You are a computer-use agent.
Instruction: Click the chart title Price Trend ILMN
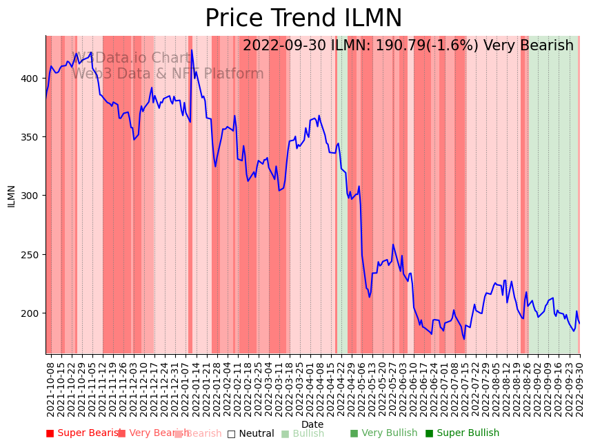coord(303,19)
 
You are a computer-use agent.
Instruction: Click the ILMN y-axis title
coord(12,196)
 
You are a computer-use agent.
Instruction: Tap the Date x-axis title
coord(312,424)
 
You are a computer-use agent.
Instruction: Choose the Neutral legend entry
coord(251,433)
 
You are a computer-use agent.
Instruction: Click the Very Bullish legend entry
coord(383,433)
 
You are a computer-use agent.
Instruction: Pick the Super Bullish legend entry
coord(462,433)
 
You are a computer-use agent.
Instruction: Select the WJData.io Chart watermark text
coord(131,59)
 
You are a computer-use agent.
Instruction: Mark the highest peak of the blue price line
coord(192,50)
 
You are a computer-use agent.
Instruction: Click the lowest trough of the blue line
coord(464,339)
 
